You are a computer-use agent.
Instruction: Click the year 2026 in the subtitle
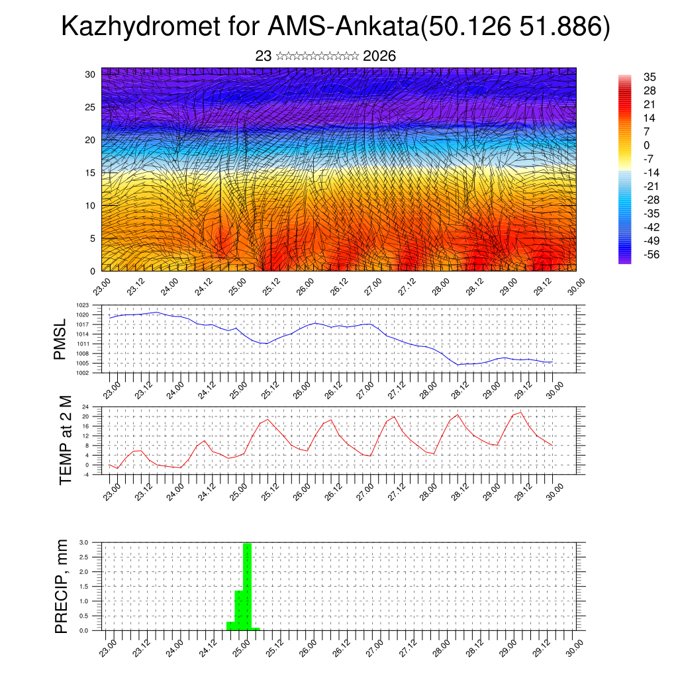pyautogui.click(x=379, y=56)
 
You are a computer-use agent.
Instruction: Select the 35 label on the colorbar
pyautogui.click(x=650, y=77)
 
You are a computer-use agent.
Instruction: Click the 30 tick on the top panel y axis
pyautogui.click(x=91, y=74)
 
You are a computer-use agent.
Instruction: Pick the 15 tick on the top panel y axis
pyautogui.click(x=91, y=173)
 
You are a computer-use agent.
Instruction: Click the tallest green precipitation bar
pyautogui.click(x=247, y=586)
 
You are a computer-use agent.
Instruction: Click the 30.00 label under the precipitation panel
pyautogui.click(x=575, y=646)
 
